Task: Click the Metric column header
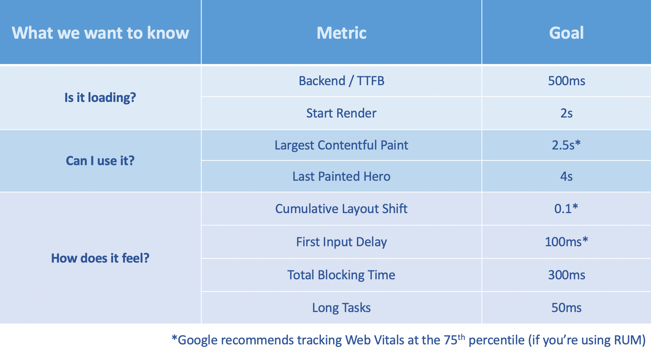341,33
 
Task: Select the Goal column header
566,33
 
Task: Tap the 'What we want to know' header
100,33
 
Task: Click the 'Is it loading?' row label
100,97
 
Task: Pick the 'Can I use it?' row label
100,161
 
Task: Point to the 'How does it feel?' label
100,258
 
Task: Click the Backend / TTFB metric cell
341,81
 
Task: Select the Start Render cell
341,113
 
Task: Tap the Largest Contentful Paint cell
341,145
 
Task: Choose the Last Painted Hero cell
341,176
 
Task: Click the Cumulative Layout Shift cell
341,209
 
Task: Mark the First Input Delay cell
341,242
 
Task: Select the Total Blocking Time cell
341,275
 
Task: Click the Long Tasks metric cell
341,308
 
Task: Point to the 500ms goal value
567,81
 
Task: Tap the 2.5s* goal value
566,145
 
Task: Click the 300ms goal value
567,275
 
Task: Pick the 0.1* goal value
566,209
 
